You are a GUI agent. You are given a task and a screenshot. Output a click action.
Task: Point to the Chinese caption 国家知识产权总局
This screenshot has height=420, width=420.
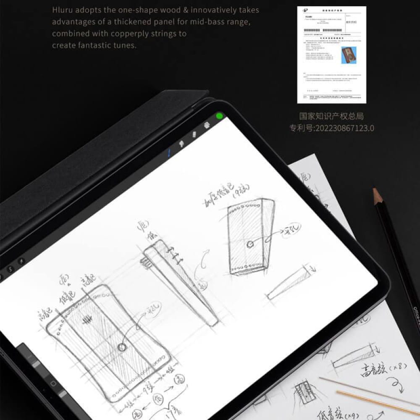(331, 116)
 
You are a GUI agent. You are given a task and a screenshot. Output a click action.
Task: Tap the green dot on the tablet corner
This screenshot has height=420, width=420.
(219, 116)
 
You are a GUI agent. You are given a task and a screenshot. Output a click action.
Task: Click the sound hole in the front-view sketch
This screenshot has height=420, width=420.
(122, 347)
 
